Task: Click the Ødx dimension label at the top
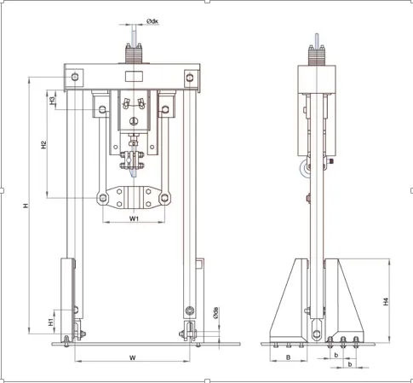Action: [152, 21]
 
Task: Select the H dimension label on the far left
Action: [26, 206]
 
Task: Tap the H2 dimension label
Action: [43, 145]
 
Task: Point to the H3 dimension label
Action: [52, 101]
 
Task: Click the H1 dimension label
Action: [51, 322]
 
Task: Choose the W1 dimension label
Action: [134, 218]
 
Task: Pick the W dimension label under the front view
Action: [132, 357]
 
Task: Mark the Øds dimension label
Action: [215, 313]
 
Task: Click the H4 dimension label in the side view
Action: [386, 302]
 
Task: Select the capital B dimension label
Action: [288, 357]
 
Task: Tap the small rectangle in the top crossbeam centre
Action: [134, 77]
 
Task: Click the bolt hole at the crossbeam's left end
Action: [75, 77]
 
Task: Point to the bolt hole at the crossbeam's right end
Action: [190, 78]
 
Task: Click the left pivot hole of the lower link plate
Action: [103, 198]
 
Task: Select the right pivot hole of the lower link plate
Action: [164, 198]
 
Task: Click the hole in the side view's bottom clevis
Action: [316, 333]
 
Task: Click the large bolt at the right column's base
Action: [189, 310]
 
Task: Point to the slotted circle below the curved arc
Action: [134, 121]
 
